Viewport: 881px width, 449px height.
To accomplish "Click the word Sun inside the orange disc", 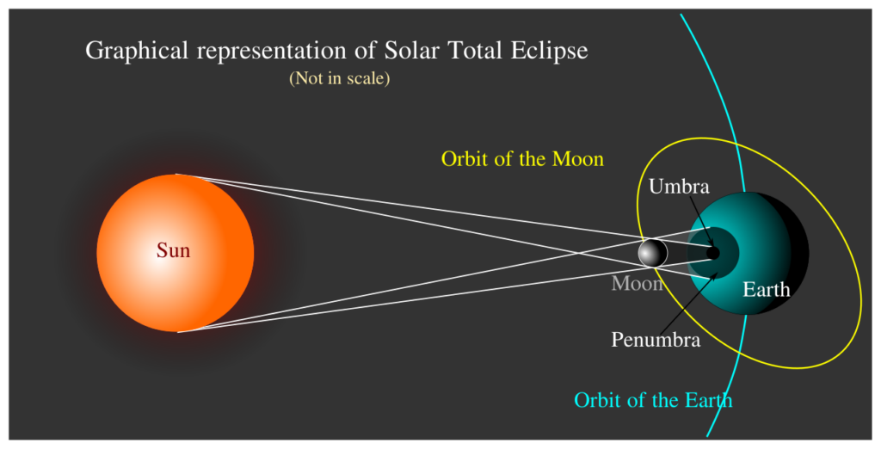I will pyautogui.click(x=173, y=251).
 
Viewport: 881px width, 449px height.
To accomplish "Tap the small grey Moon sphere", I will pyautogui.click(x=652, y=253).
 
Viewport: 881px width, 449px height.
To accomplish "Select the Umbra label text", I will pyautogui.click(x=679, y=186).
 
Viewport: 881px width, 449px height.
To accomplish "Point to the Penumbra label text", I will pyautogui.click(x=656, y=340).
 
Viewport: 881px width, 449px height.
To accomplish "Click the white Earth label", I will pyautogui.click(x=766, y=289).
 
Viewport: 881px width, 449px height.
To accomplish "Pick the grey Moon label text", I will pyautogui.click(x=637, y=283).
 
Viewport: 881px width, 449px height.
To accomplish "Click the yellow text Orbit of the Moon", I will pyautogui.click(x=522, y=159).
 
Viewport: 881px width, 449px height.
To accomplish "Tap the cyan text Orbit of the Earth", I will pyautogui.click(x=653, y=400).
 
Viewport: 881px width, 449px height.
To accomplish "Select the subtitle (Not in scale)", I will pyautogui.click(x=340, y=78).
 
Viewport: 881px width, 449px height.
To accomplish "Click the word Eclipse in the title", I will pyautogui.click(x=547, y=51).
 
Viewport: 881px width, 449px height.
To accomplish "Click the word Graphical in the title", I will pyautogui.click(x=138, y=51).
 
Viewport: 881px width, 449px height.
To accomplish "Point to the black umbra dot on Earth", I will pyautogui.click(x=713, y=253).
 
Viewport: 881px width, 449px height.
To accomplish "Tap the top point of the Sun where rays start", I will pyautogui.click(x=176, y=175).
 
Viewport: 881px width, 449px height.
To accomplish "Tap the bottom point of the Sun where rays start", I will pyautogui.click(x=177, y=331).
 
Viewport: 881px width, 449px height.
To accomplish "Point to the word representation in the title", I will pyautogui.click(x=275, y=51).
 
